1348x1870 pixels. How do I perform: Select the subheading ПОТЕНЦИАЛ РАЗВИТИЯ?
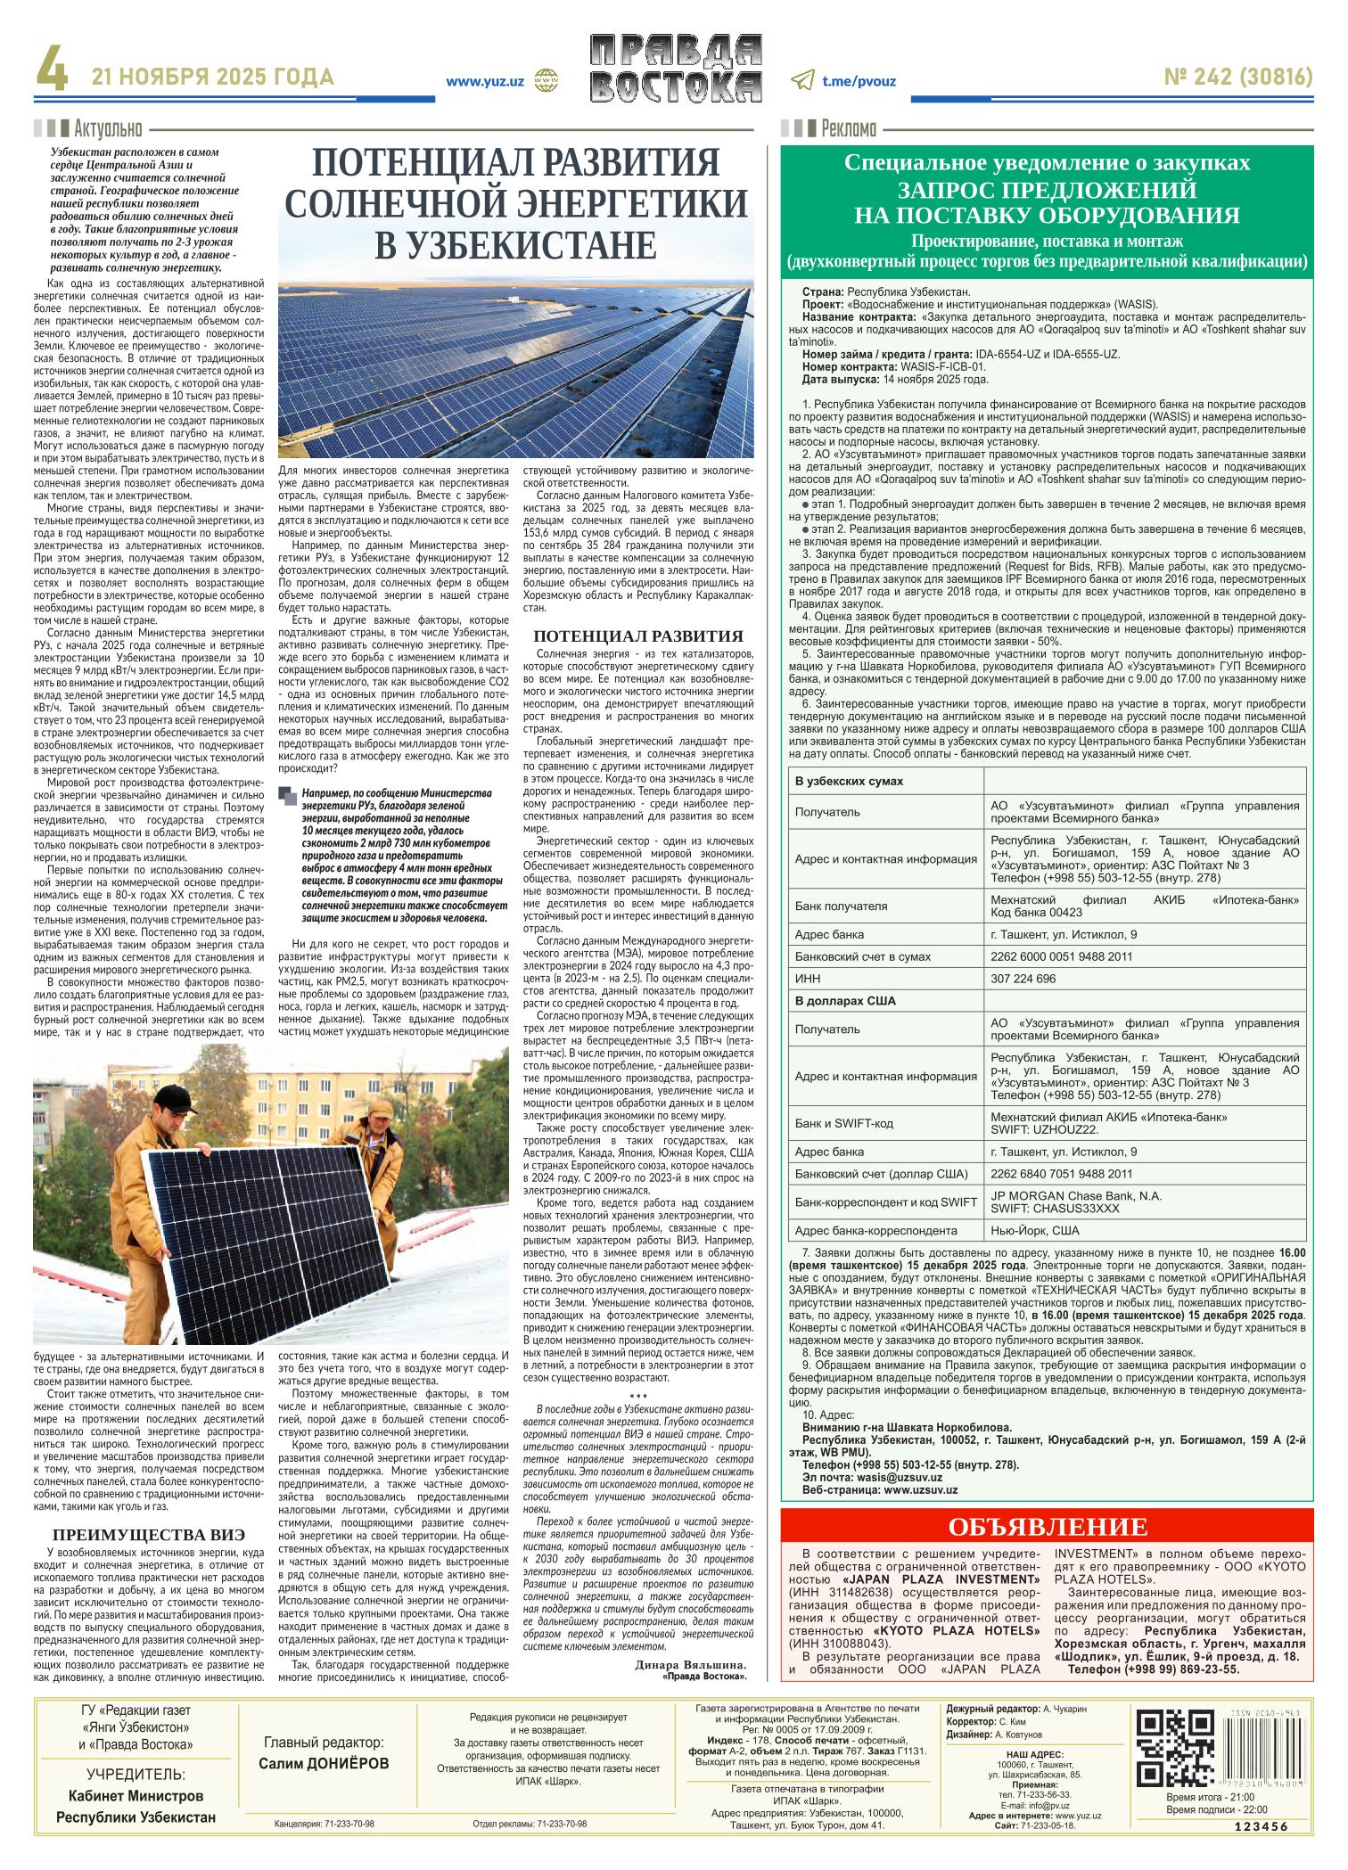tap(637, 636)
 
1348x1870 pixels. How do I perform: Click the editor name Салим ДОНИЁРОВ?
tap(324, 1764)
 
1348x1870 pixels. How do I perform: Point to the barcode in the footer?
tap(1267, 1748)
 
